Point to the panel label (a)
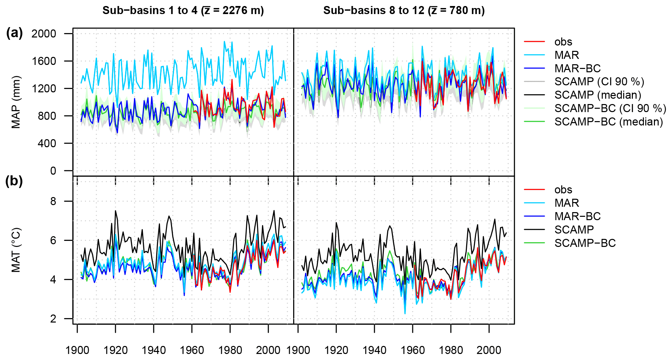(x=14, y=33)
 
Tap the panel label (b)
(x=14, y=181)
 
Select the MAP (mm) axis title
(x=16, y=102)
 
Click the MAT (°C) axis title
(x=16, y=250)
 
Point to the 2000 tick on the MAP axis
(x=44, y=34)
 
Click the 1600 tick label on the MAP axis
(x=44, y=61)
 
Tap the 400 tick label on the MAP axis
(x=44, y=144)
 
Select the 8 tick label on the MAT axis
(x=53, y=201)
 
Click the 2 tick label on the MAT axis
(x=53, y=319)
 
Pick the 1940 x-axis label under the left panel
(x=154, y=350)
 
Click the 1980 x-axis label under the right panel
(x=451, y=350)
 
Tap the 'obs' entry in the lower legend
(x=563, y=190)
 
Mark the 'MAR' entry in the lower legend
(x=567, y=203)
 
